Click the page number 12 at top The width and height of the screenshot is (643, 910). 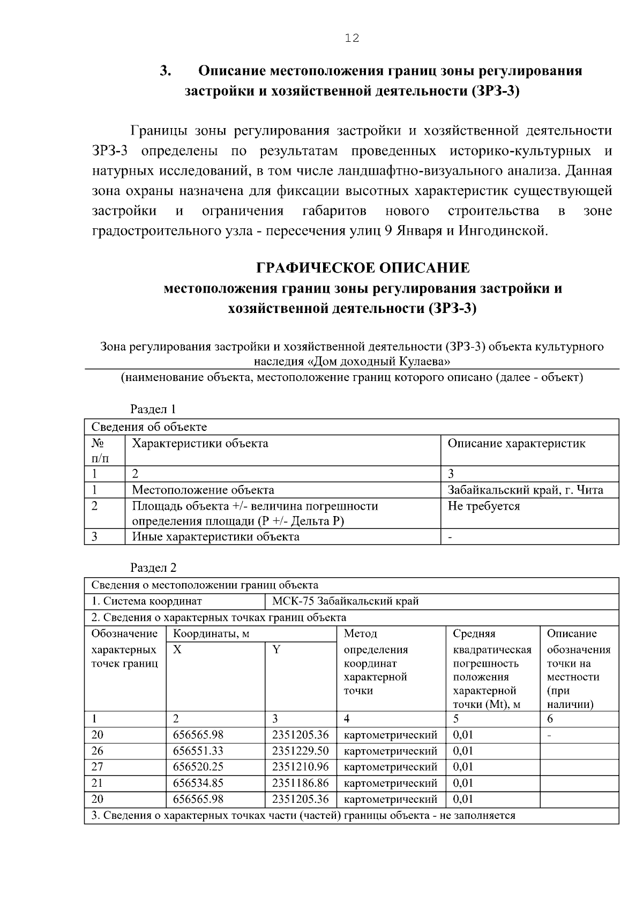tap(352, 38)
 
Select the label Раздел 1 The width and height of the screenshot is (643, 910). tap(153, 409)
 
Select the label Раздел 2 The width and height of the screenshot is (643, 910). tap(153, 568)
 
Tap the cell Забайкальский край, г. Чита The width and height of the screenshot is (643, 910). tap(525, 490)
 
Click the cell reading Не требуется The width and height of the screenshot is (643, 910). tap(483, 506)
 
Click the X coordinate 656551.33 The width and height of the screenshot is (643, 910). tap(198, 751)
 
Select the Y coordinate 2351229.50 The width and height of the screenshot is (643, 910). tap(300, 751)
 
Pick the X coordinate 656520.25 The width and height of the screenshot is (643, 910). tap(198, 767)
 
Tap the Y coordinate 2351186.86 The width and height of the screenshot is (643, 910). tap(300, 783)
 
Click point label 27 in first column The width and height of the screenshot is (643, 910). tap(97, 767)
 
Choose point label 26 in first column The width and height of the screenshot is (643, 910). tap(97, 751)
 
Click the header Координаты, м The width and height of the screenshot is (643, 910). tap(211, 634)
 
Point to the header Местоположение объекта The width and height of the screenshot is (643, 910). tap(203, 490)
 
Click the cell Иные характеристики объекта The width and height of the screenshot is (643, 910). tap(215, 536)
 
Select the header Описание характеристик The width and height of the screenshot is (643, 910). tap(516, 443)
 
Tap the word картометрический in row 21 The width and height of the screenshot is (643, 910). tap(390, 783)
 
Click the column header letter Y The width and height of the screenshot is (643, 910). tap(276, 650)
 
